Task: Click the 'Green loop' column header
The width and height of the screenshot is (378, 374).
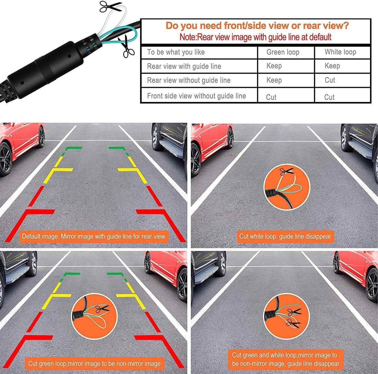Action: (283, 52)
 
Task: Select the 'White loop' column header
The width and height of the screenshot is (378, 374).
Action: (340, 52)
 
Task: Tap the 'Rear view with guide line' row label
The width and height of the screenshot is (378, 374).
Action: (184, 66)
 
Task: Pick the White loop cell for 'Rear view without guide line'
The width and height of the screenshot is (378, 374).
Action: (330, 80)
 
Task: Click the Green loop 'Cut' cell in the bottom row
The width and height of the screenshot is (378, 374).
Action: (271, 97)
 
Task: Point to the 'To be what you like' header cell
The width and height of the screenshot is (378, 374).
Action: (176, 52)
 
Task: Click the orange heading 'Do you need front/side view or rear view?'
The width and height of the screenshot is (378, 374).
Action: (257, 26)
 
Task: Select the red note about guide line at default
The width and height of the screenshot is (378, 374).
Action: (255, 37)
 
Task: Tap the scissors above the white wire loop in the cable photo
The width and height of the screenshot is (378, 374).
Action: (110, 6)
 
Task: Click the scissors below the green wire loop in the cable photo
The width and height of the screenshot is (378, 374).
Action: (127, 47)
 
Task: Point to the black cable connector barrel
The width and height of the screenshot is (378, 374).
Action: (44, 69)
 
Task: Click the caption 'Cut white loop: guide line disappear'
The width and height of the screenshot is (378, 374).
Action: (285, 237)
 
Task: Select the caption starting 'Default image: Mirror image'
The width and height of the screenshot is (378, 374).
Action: (93, 237)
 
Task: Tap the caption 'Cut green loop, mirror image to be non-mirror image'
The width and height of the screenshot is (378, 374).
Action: (94, 364)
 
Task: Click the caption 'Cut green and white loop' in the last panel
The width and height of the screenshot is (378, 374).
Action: (285, 359)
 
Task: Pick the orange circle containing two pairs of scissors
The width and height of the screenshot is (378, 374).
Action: (286, 316)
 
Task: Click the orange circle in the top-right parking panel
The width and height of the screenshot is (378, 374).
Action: (287, 187)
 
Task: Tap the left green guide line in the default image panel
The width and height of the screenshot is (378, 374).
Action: (73, 148)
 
